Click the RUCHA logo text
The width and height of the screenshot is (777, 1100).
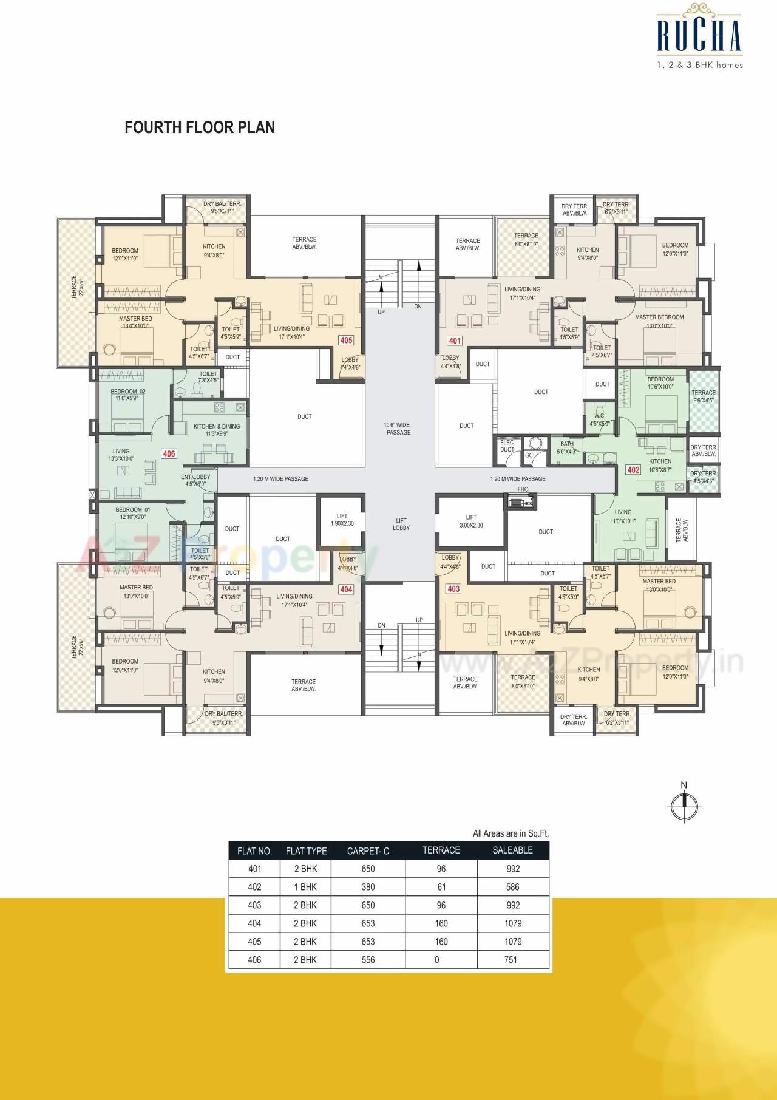699,36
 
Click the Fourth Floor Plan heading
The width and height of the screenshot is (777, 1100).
200,127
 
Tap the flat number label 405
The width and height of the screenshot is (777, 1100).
346,340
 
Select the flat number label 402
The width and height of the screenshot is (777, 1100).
633,469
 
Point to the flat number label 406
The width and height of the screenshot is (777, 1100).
169,453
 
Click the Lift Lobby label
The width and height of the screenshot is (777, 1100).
401,524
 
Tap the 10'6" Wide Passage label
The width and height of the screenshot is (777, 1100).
398,429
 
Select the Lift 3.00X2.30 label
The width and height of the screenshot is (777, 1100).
471,521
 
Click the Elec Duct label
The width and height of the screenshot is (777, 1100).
507,446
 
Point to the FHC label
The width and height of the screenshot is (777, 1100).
523,489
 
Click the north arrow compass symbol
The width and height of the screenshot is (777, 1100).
684,804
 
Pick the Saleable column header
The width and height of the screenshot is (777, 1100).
512,850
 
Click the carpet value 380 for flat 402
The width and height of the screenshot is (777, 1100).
368,887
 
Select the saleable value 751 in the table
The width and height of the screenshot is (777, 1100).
511,960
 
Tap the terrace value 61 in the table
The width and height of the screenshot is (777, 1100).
441,887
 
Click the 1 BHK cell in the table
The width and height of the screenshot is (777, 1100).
305,887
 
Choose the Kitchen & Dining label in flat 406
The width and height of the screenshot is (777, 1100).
217,430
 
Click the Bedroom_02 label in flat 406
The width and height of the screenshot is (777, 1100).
128,395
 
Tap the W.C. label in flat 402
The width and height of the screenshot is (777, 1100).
599,419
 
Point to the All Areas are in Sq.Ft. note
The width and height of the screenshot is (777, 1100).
511,833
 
